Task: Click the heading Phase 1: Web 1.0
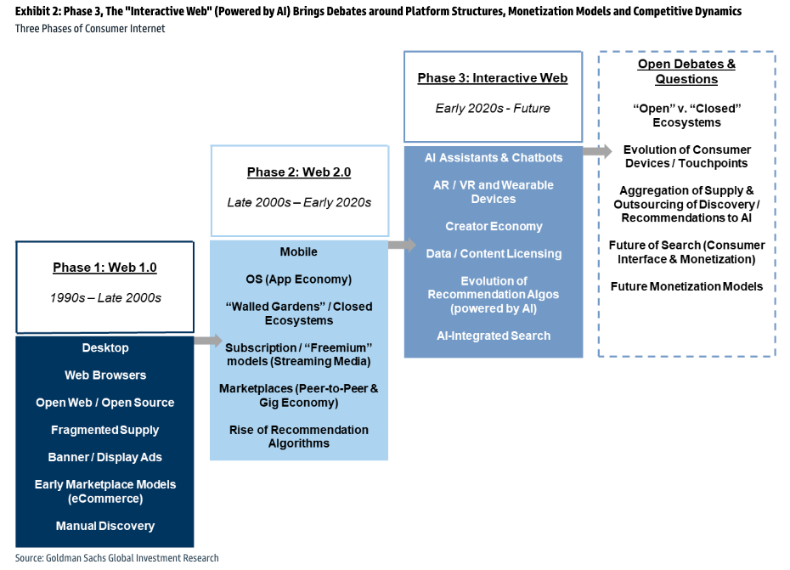click(x=104, y=268)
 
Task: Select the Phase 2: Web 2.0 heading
click(x=299, y=172)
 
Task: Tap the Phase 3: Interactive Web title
click(x=493, y=78)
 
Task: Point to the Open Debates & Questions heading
click(x=686, y=71)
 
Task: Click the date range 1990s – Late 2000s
click(x=105, y=298)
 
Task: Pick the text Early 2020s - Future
click(x=493, y=109)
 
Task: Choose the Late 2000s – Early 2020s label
click(x=299, y=202)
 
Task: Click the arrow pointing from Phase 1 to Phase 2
click(x=208, y=340)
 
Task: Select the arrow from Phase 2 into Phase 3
click(x=402, y=245)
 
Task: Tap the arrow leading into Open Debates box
click(x=597, y=150)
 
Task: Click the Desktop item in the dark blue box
click(x=105, y=347)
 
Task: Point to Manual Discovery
click(x=105, y=526)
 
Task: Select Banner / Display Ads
click(x=105, y=458)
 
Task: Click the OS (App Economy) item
click(x=299, y=279)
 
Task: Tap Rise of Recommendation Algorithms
click(x=299, y=437)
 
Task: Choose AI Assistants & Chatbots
click(x=494, y=158)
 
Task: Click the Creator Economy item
click(x=494, y=226)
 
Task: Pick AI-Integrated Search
click(x=494, y=336)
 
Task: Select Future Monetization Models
click(x=686, y=287)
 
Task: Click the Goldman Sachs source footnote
click(x=117, y=558)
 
